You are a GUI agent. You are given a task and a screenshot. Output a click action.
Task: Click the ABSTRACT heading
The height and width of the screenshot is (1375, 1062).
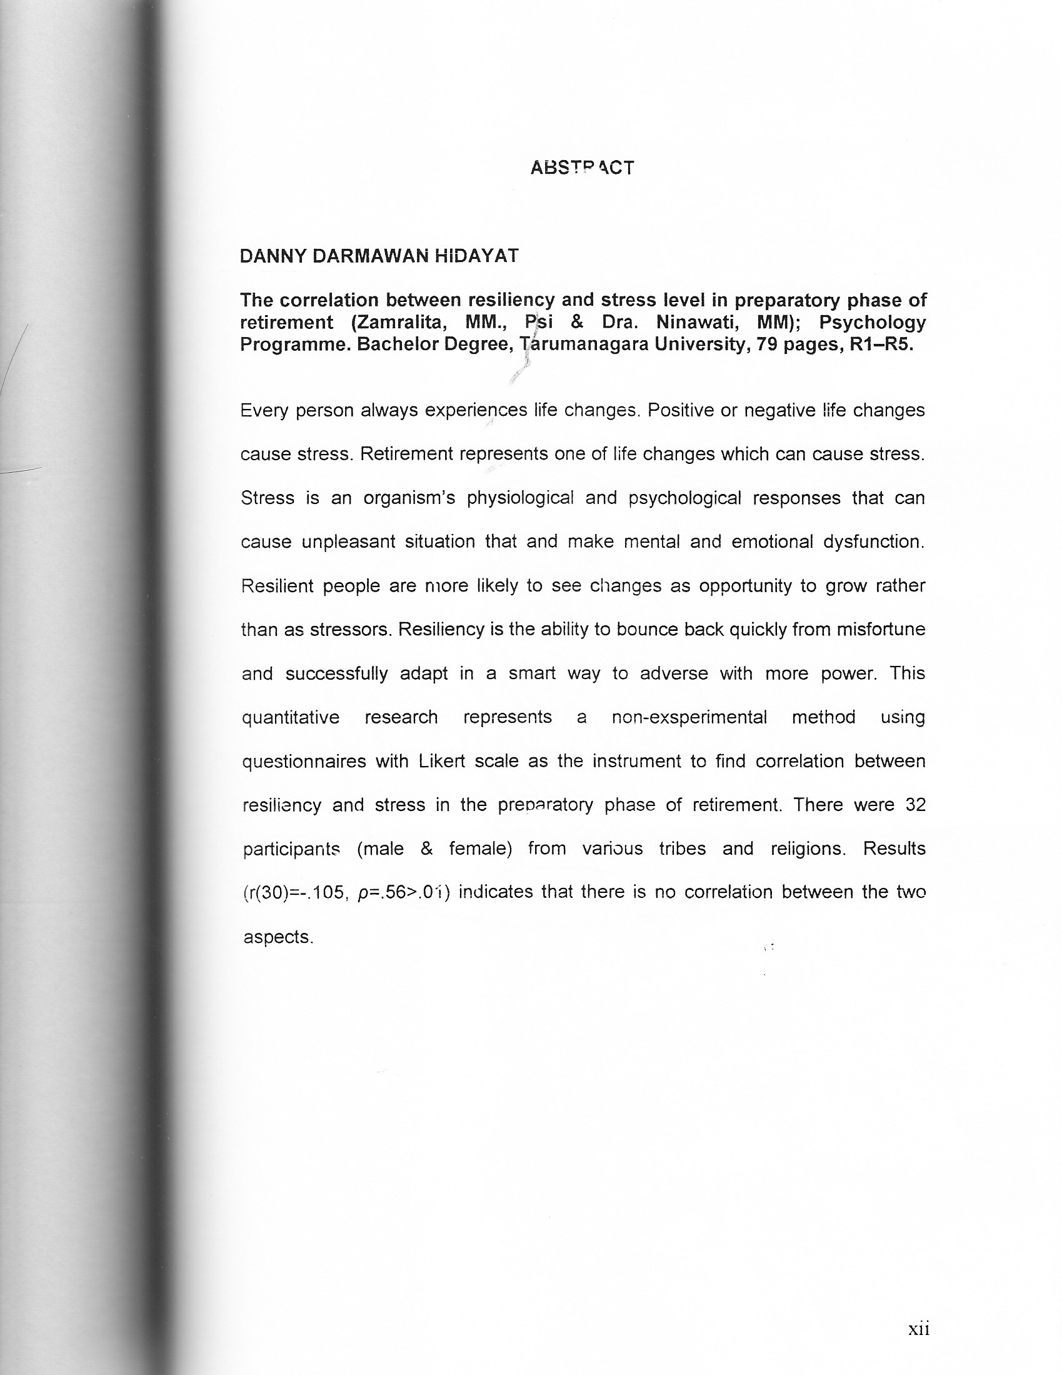pyautogui.click(x=582, y=168)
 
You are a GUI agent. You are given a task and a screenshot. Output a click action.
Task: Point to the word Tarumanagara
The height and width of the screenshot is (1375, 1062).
pyautogui.click(x=585, y=345)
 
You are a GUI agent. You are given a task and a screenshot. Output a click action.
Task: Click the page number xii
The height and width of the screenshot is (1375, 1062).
pyautogui.click(x=918, y=1329)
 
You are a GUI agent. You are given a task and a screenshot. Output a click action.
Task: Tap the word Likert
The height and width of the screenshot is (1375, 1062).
pyautogui.click(x=441, y=761)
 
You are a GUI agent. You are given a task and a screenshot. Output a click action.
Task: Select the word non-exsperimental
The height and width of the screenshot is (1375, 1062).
pyautogui.click(x=689, y=717)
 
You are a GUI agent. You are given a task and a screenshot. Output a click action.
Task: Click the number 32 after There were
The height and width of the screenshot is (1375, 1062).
pyautogui.click(x=915, y=805)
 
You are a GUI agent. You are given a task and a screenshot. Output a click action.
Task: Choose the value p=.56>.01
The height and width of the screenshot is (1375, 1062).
pyautogui.click(x=404, y=893)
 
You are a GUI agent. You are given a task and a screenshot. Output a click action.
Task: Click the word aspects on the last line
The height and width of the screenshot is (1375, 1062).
pyautogui.click(x=278, y=937)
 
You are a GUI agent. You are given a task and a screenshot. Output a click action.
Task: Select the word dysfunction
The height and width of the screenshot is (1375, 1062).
pyautogui.click(x=874, y=541)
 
